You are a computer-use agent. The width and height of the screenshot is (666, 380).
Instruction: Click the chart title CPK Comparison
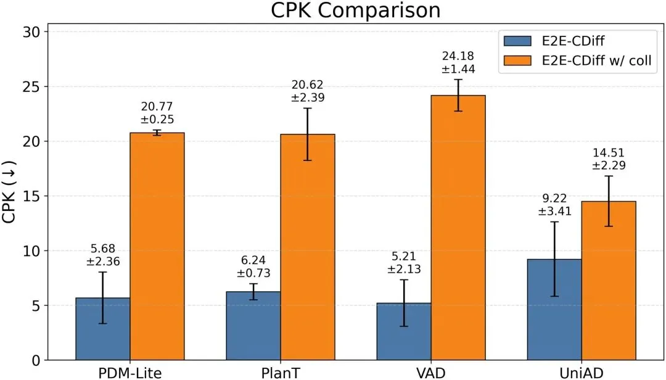tap(356, 10)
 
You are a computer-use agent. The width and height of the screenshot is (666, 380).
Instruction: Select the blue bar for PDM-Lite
tap(103, 329)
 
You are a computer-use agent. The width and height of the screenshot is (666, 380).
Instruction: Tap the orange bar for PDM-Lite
tap(157, 247)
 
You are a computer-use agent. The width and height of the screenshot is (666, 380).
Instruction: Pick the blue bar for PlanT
tap(253, 326)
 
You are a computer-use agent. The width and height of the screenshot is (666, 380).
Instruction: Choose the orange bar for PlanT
tap(308, 247)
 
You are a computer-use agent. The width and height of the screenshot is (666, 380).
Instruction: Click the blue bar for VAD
tap(404, 331)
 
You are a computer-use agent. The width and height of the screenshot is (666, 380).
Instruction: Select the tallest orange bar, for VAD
tap(458, 228)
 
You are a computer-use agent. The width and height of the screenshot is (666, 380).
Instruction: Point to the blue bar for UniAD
tap(554, 310)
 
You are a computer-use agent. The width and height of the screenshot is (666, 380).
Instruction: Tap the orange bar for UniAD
tap(609, 281)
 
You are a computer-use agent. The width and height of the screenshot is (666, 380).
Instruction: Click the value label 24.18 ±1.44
tap(458, 62)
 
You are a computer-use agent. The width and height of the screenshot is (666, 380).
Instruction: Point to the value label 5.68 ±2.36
tap(103, 255)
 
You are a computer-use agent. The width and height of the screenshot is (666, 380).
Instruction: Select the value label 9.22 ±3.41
tap(554, 205)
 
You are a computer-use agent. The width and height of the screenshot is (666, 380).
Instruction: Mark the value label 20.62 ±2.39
tap(308, 91)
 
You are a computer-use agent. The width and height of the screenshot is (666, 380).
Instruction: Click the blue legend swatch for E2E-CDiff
tap(517, 41)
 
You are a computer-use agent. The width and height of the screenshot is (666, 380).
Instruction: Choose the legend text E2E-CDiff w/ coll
tap(596, 60)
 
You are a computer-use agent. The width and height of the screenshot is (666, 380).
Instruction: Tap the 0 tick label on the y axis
tap(36, 360)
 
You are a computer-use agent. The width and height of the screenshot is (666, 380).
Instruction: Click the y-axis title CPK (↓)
tap(9, 192)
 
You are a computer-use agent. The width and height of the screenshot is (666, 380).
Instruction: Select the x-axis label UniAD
tap(582, 373)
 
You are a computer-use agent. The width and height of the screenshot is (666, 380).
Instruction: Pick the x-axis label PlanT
tap(281, 373)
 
